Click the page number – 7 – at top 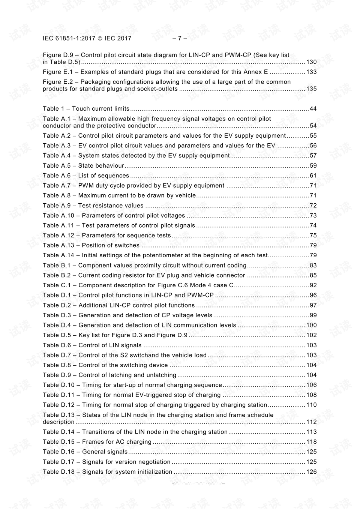[x=180, y=38]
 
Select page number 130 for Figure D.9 [x=311, y=62]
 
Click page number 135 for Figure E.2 [x=311, y=89]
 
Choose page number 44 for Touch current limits [x=313, y=109]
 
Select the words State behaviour [x=101, y=166]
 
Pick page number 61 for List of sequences [x=313, y=176]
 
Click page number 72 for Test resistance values [x=313, y=206]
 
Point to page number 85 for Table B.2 [x=313, y=275]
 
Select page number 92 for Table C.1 [x=313, y=285]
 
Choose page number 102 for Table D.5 [x=311, y=335]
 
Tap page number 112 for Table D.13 [x=311, y=422]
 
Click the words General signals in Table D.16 [x=105, y=452]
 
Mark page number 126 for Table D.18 [x=311, y=472]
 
